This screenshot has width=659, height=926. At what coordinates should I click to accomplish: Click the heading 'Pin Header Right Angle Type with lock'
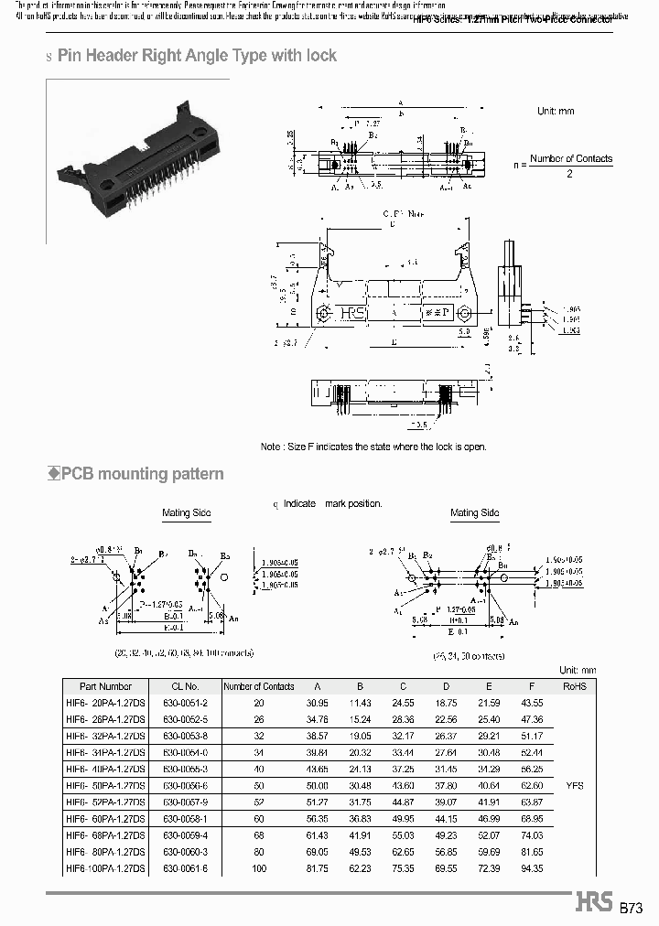click(197, 56)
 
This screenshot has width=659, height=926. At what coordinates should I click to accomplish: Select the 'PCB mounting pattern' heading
click(142, 474)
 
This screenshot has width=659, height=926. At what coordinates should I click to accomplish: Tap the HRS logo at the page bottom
click(594, 902)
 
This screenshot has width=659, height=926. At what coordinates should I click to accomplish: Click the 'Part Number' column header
click(105, 686)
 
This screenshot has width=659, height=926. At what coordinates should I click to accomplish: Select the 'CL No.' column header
click(185, 686)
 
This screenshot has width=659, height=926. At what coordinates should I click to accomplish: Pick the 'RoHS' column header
click(574, 686)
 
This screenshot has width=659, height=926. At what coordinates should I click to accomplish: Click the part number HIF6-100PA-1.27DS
click(105, 868)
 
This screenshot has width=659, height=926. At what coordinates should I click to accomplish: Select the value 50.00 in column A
click(317, 785)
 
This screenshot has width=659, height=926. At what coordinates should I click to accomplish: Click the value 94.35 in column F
click(531, 868)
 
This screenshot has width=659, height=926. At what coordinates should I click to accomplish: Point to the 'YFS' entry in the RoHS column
click(574, 786)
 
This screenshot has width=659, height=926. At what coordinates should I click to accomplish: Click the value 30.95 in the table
click(317, 702)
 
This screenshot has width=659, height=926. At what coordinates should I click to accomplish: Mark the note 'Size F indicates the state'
click(373, 447)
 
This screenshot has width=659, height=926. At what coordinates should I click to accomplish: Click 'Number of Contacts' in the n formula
click(570, 158)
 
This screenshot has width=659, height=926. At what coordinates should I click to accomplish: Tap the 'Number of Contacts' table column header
click(259, 686)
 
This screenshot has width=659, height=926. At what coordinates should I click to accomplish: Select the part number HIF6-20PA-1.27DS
click(105, 702)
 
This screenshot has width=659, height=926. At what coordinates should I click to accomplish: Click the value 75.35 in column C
click(403, 868)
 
